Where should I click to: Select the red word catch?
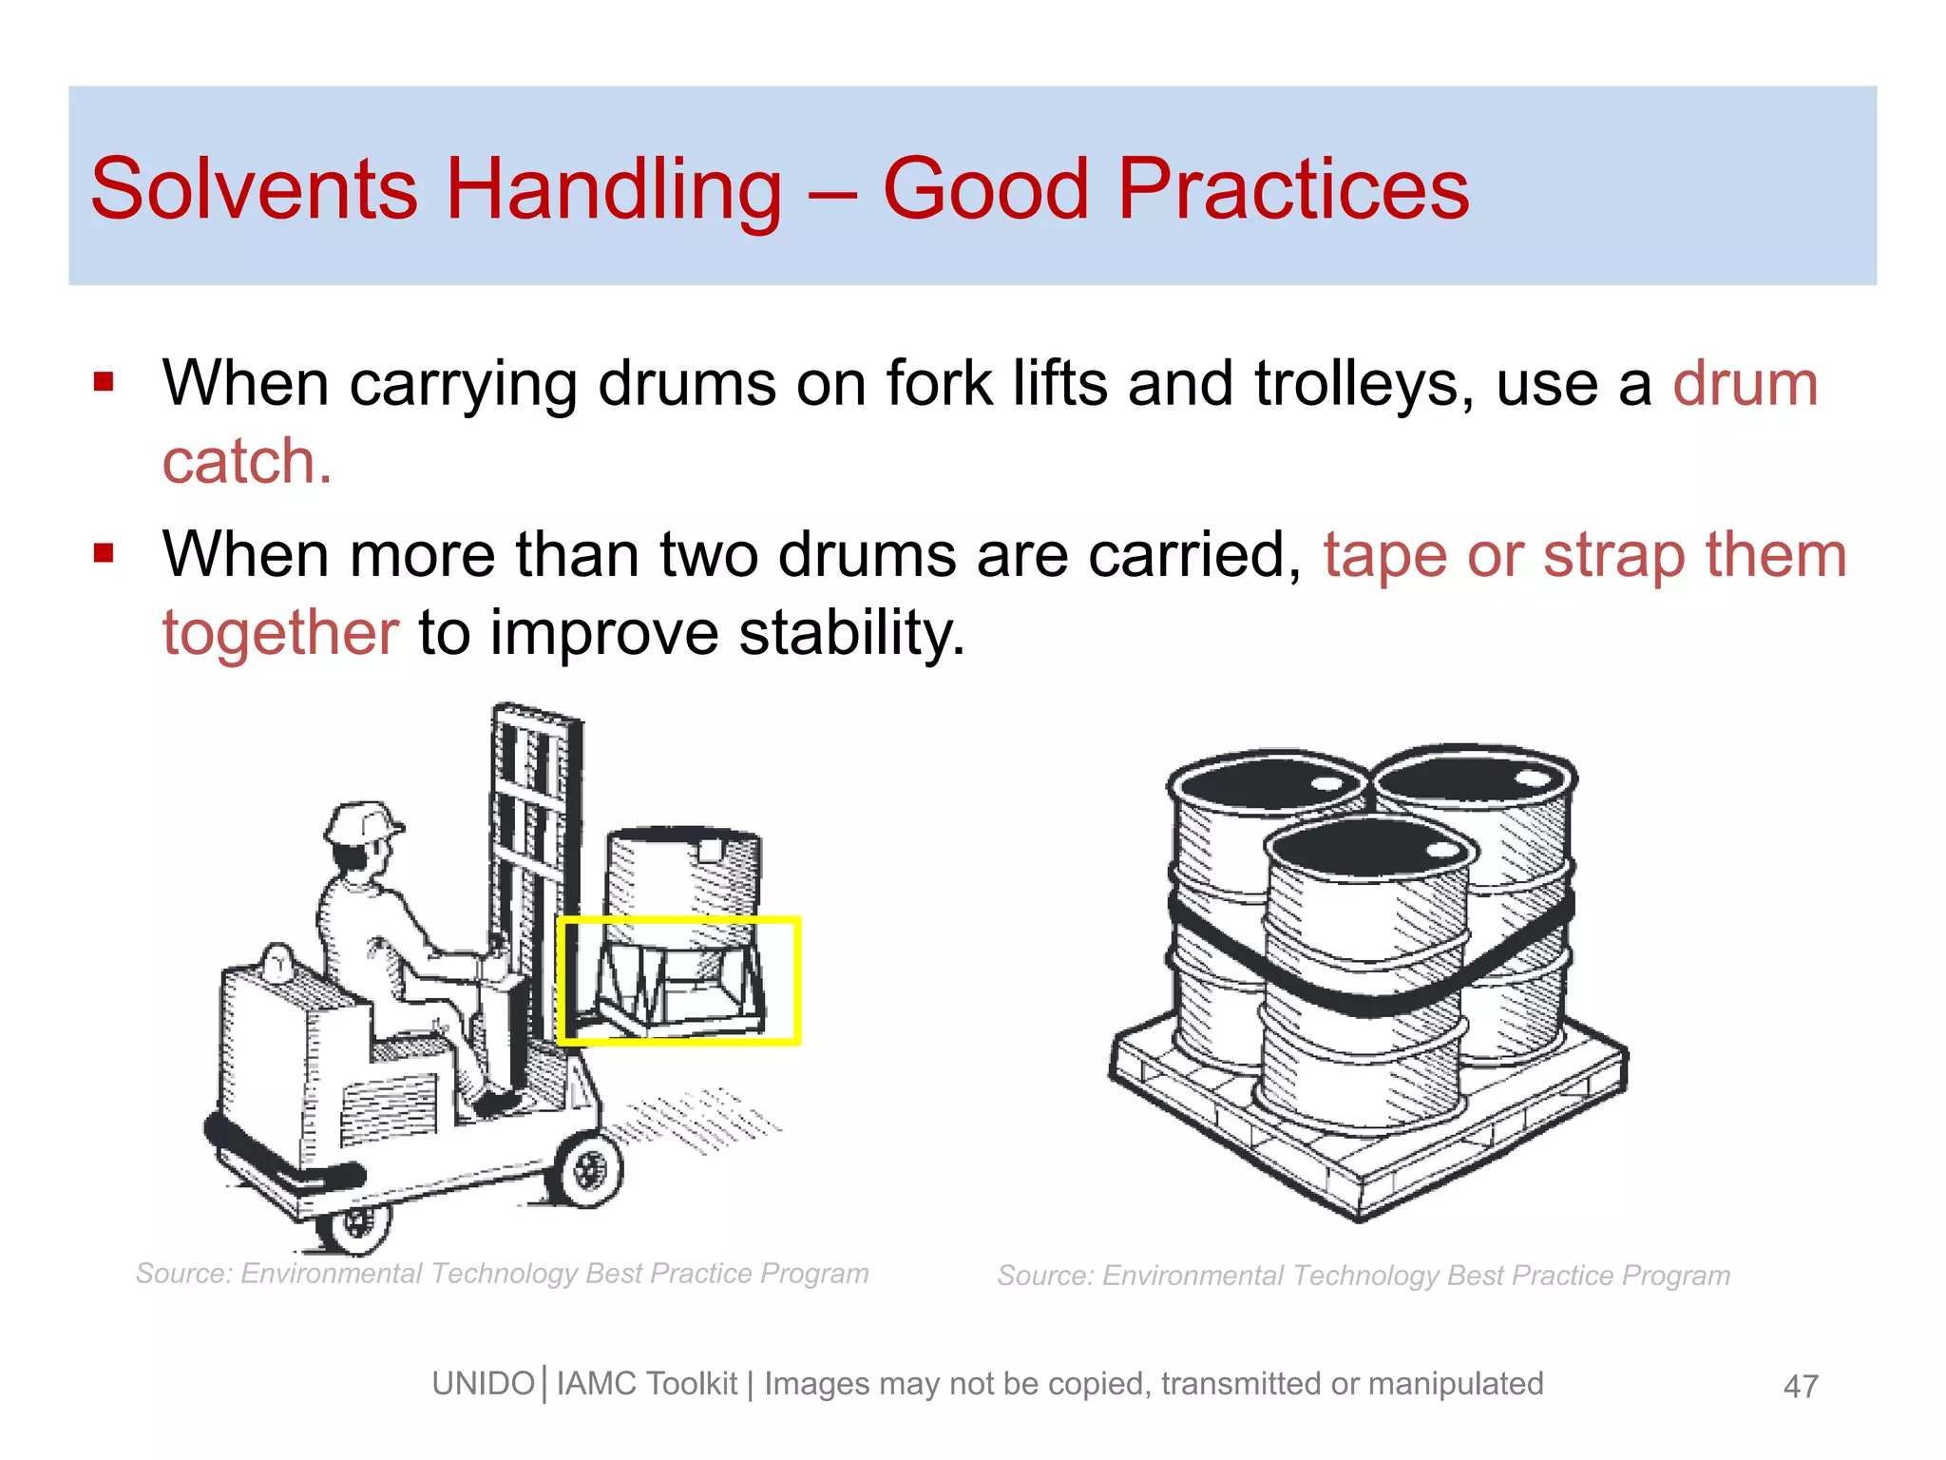click(x=246, y=462)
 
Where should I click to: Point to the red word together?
click(x=280, y=633)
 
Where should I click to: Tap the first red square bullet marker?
click(x=104, y=382)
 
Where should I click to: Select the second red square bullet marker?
click(x=104, y=553)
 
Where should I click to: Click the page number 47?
click(x=1801, y=1386)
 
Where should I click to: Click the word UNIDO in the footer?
click(x=483, y=1384)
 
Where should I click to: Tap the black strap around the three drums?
click(x=1368, y=998)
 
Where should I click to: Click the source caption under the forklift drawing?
click(x=502, y=1274)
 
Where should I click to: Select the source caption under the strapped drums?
click(x=1364, y=1276)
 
